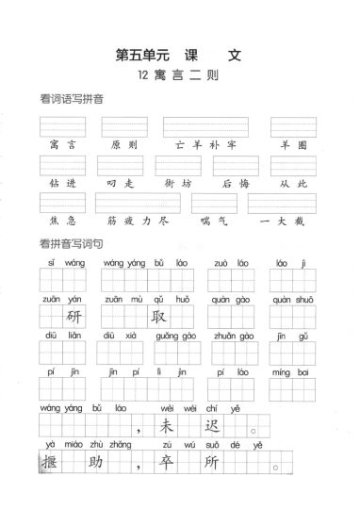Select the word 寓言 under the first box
(62, 144)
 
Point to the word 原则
(123, 144)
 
